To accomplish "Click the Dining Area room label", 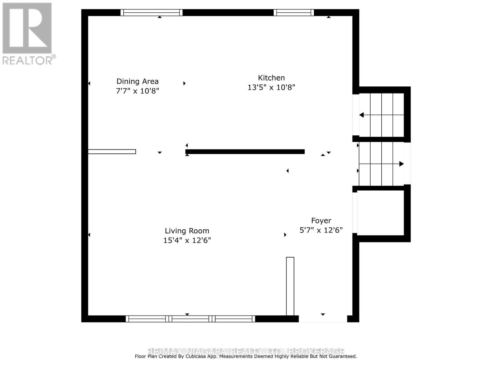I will pos(137,81).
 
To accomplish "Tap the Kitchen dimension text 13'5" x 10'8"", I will pos(271,88).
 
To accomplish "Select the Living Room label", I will pos(187,231).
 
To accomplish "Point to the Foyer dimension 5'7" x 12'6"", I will pos(321,230).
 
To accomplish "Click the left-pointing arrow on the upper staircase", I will pos(362,115).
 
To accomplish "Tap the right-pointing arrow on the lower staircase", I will pos(401,164).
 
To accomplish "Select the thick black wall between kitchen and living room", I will pos(245,152).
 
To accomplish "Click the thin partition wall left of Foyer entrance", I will pos(290,286).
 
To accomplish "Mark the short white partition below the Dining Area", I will pos(112,152).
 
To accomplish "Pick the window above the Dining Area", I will pos(151,13).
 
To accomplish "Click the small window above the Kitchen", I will pos(294,13).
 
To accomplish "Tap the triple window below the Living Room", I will pos(190,319).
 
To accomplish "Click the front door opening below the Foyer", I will pos(323,319).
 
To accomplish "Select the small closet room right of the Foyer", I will pos(381,213).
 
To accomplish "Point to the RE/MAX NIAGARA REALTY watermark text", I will pos(246,351).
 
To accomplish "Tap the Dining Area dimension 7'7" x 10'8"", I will pos(137,91).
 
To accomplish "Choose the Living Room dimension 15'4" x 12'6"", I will pos(187,240).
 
